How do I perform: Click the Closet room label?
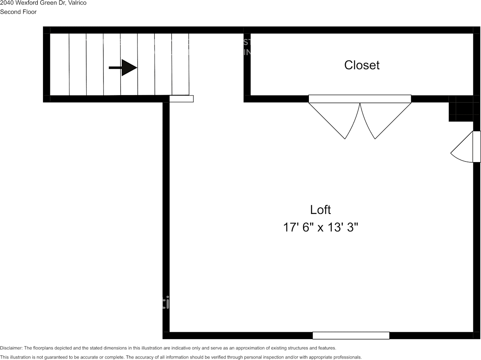click(362, 65)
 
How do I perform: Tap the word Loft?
click(320, 210)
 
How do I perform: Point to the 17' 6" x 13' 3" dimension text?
click(320, 228)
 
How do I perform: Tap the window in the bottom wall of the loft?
click(351, 336)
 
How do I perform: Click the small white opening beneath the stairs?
click(181, 99)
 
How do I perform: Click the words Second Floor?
click(18, 12)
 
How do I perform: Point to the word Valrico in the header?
click(77, 3)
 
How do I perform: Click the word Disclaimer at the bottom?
click(11, 348)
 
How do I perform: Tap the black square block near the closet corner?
click(464, 108)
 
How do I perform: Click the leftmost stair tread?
click(59, 64)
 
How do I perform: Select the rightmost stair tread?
click(181, 64)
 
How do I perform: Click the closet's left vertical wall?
click(247, 65)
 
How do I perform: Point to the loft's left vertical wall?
click(166, 217)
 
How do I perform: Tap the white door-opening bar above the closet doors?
click(360, 99)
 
